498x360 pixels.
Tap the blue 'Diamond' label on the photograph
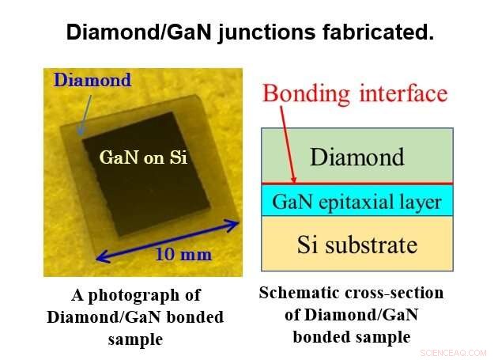point(92,80)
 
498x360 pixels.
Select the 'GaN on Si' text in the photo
point(143,157)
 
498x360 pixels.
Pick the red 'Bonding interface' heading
point(355,93)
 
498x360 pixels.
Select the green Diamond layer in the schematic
point(357,156)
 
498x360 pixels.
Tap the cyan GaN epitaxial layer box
point(357,201)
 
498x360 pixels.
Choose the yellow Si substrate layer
point(357,244)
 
